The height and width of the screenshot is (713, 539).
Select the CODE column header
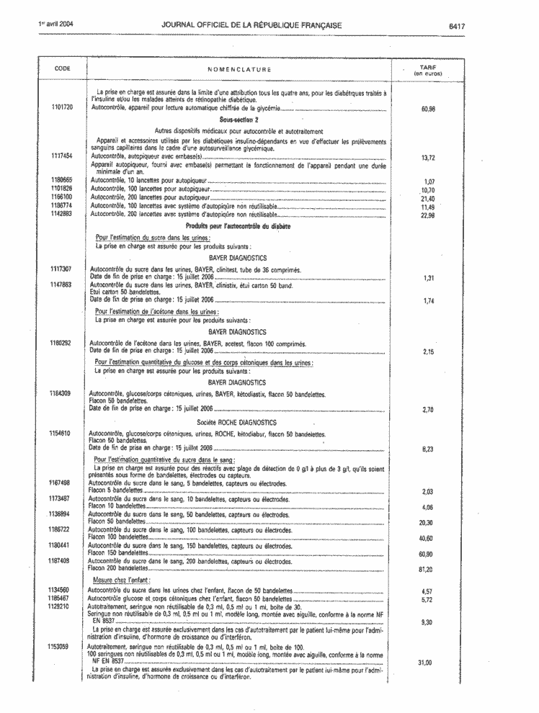pos(63,68)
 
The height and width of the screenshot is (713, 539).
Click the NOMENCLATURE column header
pos(239,69)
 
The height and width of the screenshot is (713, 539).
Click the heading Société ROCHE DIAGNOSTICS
pos(237,421)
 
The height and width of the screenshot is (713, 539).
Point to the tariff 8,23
pos(428,449)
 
